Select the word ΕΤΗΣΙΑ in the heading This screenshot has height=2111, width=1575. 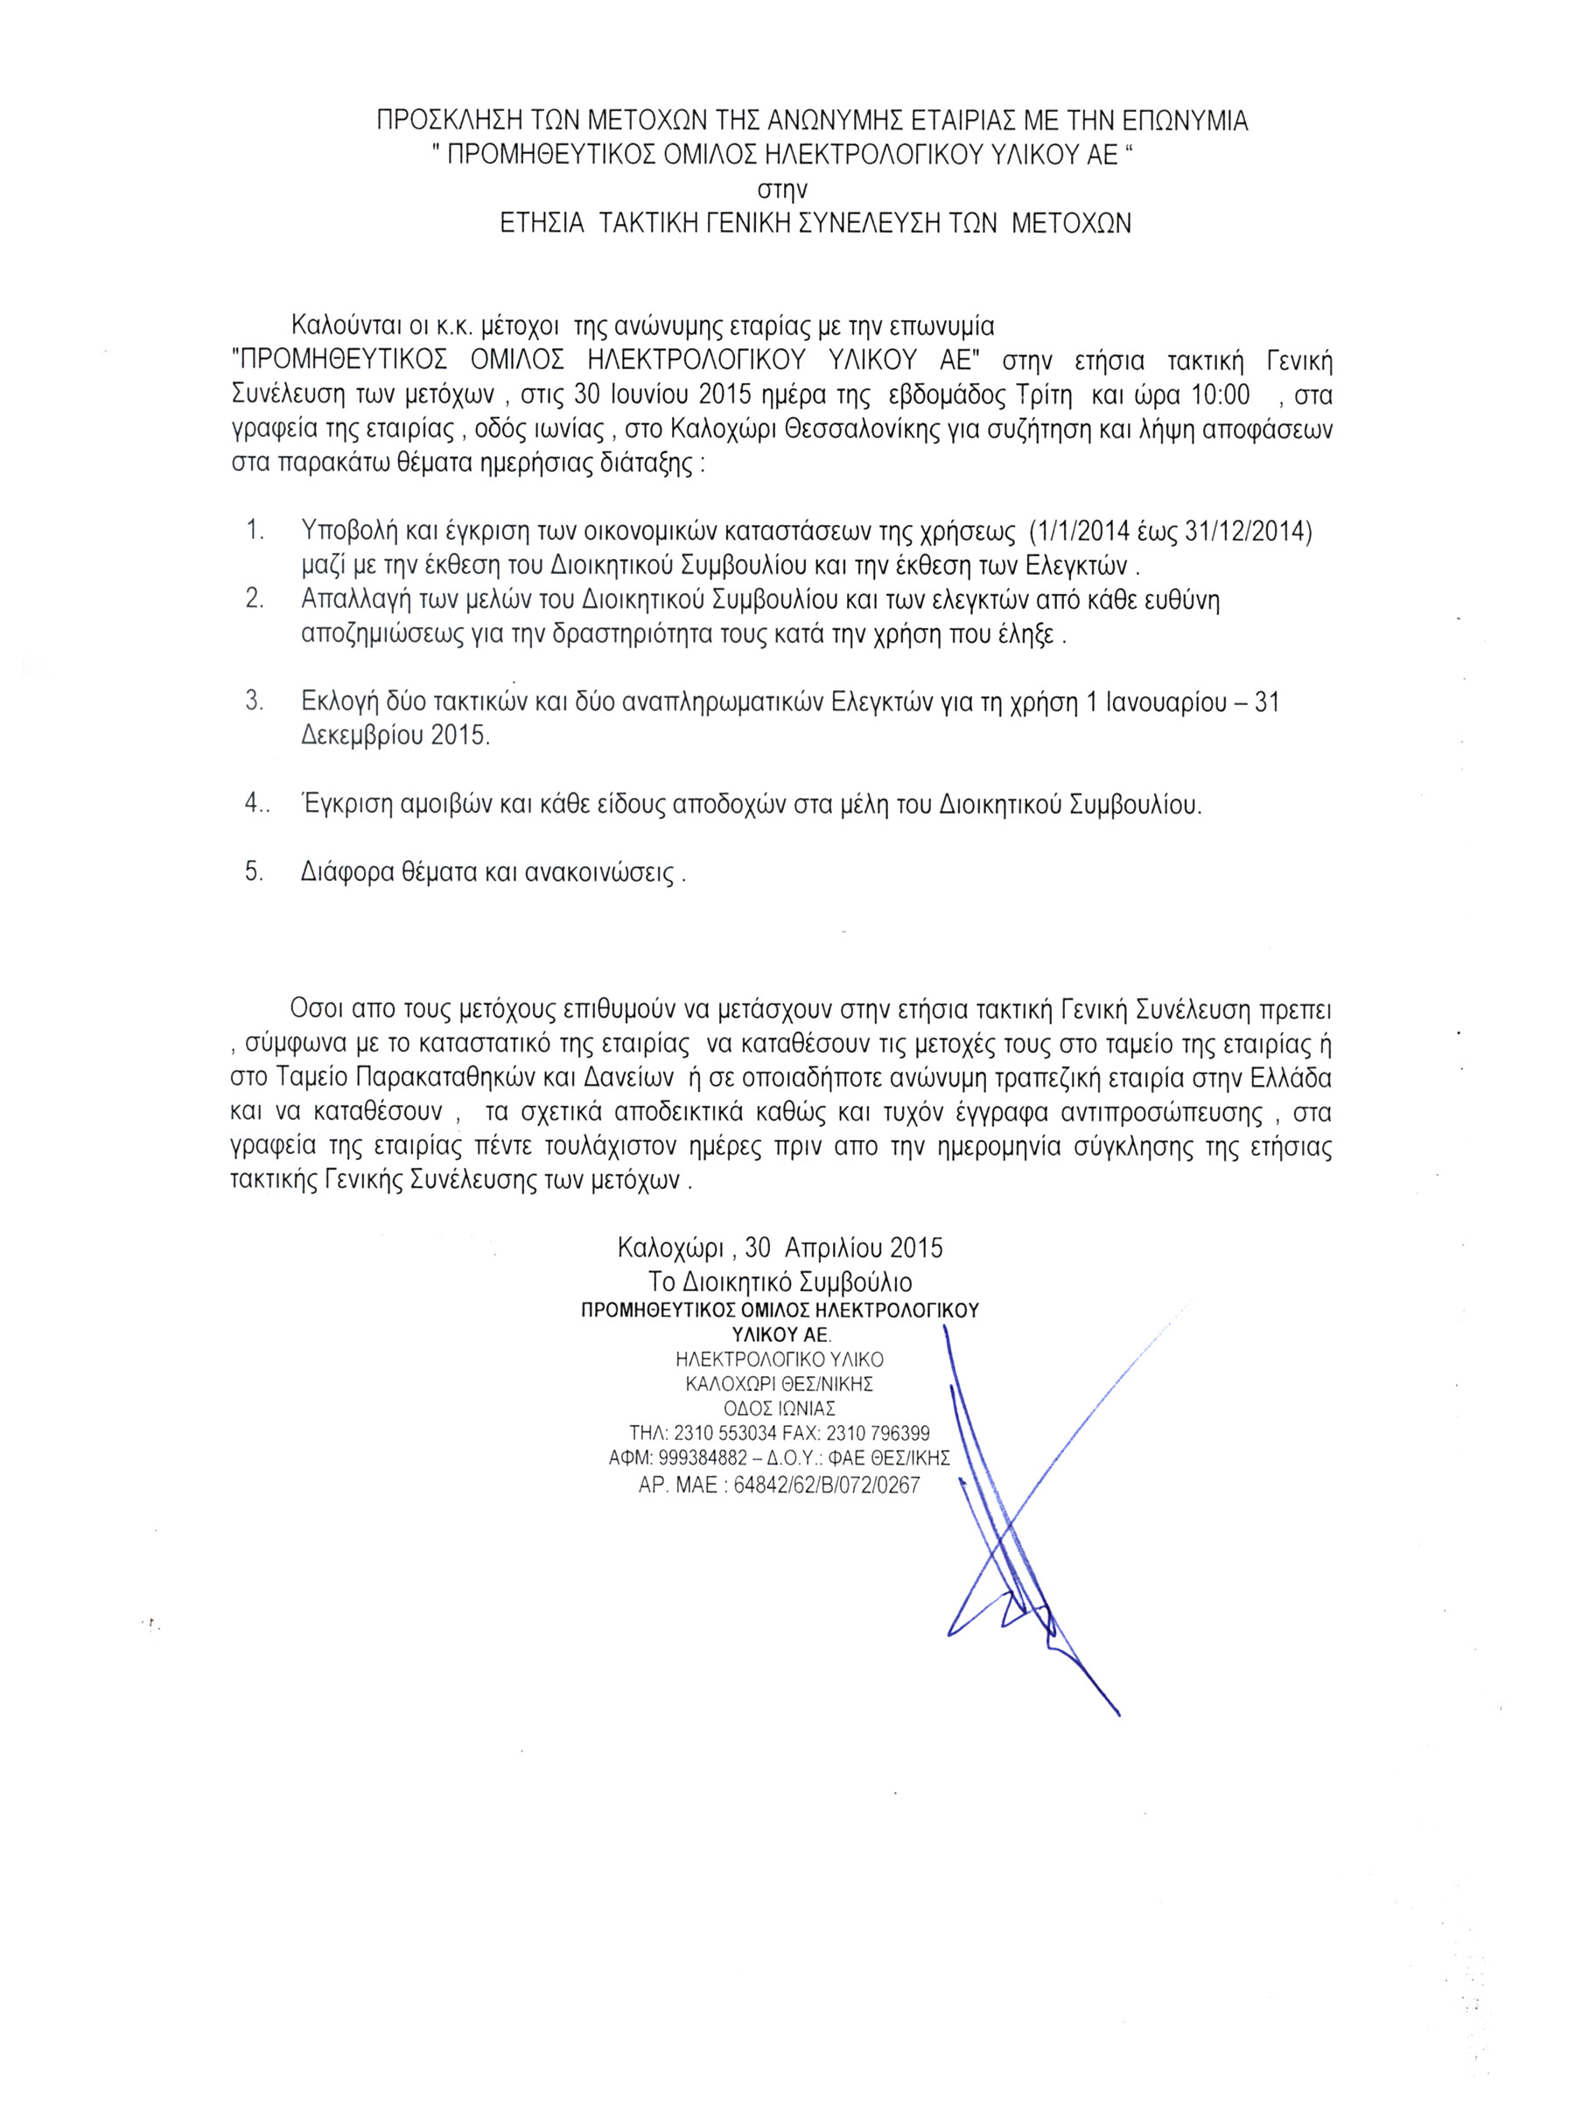point(542,224)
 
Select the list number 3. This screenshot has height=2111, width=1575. point(254,702)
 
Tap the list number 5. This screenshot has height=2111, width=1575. point(254,871)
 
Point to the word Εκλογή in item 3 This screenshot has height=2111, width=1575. point(340,703)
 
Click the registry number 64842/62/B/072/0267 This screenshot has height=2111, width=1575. point(827,1485)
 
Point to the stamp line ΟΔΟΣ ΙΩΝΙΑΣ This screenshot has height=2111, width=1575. point(780,1408)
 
